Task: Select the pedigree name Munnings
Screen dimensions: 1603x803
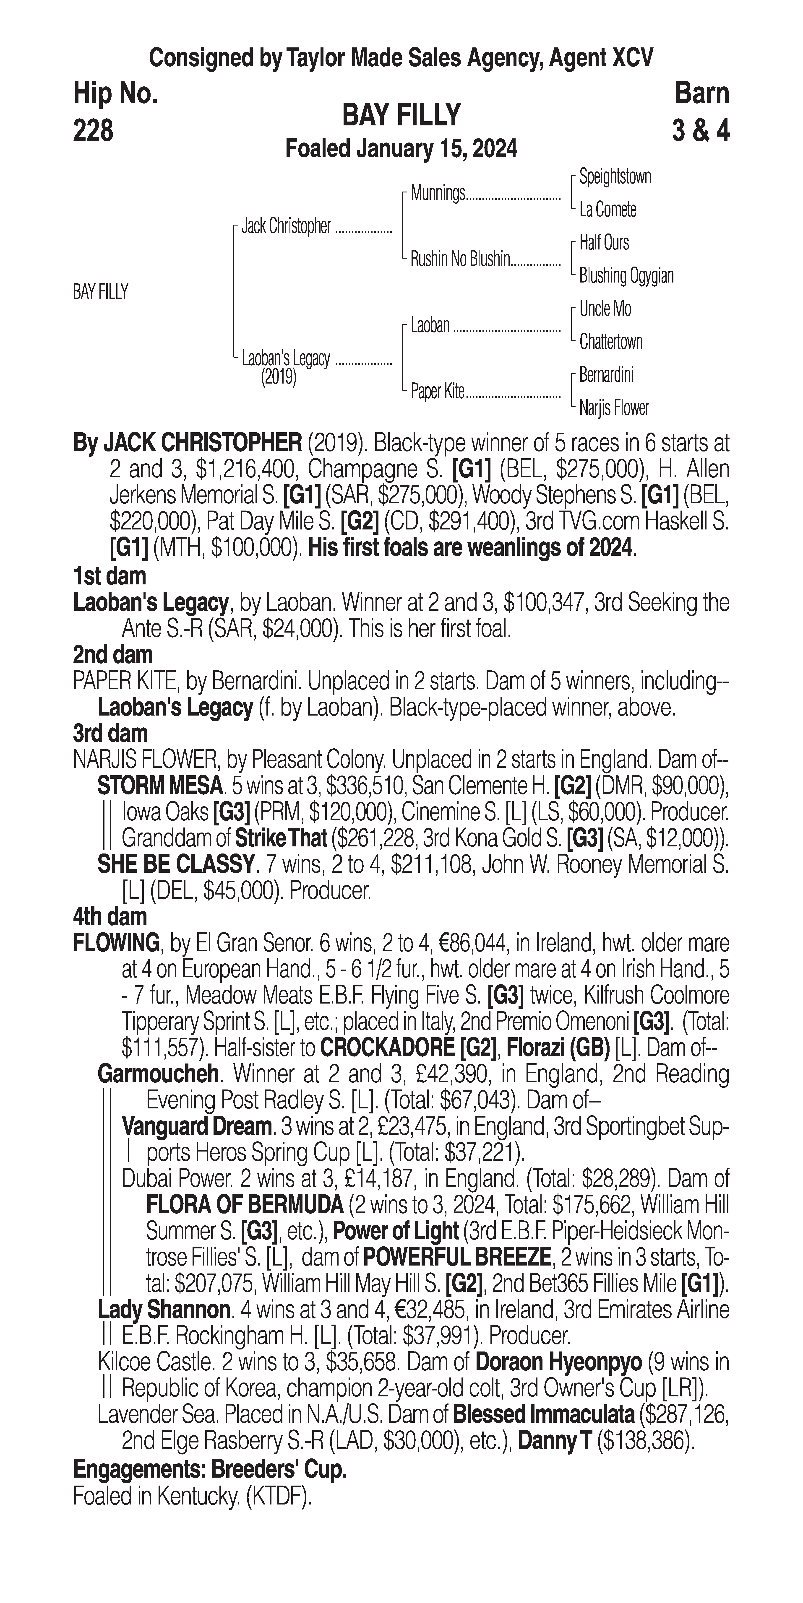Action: click(x=438, y=194)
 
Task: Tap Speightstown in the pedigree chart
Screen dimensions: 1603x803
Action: click(x=615, y=177)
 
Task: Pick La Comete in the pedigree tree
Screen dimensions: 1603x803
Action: click(x=607, y=210)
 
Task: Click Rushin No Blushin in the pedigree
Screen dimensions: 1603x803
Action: click(x=460, y=259)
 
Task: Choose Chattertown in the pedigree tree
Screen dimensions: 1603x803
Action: click(x=611, y=342)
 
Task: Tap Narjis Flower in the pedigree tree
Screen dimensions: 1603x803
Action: click(x=614, y=408)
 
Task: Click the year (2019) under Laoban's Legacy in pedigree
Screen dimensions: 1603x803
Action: click(x=278, y=377)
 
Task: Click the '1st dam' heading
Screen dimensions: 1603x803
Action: click(x=109, y=576)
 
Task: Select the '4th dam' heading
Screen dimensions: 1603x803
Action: click(x=110, y=917)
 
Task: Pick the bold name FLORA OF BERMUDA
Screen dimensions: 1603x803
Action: click(x=245, y=1205)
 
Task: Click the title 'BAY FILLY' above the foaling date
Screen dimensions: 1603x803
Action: click(x=401, y=115)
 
